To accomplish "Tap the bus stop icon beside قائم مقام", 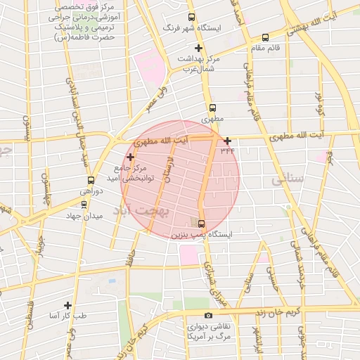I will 265,38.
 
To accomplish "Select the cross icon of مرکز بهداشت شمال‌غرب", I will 199,49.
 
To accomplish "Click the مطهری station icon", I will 212,108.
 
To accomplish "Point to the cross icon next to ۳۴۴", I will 227,141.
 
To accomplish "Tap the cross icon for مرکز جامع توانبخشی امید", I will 130,156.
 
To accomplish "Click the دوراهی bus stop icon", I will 91,181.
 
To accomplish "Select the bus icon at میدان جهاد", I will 84,205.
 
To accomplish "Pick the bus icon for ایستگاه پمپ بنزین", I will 202,224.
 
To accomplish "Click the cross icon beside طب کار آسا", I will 67,305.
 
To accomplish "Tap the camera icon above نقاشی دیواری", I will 207,316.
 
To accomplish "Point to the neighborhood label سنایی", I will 287,179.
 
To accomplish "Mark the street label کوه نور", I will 319,103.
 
